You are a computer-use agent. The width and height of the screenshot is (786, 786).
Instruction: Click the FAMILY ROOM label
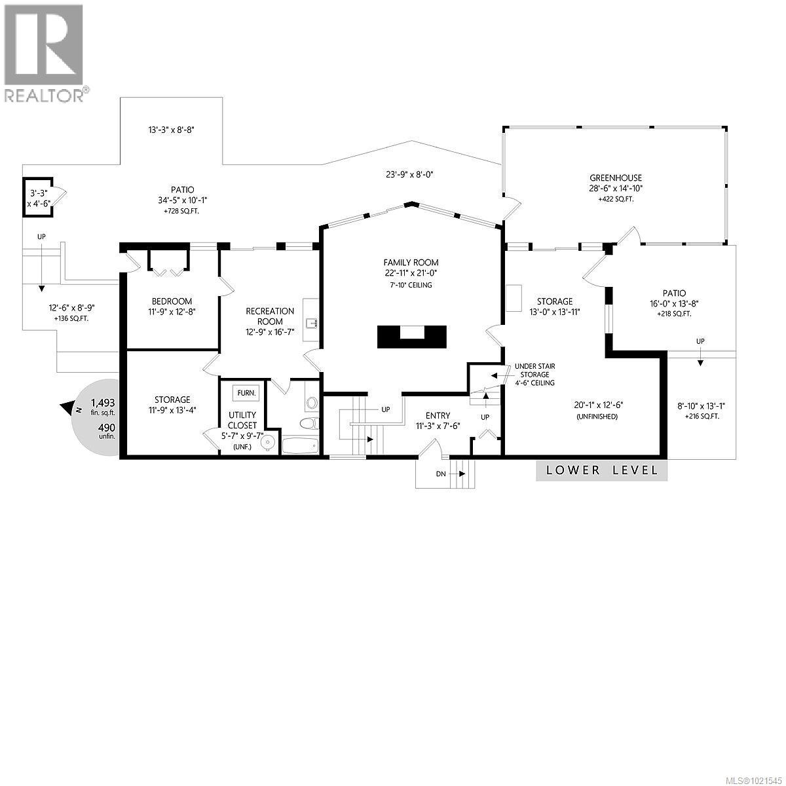click(x=411, y=263)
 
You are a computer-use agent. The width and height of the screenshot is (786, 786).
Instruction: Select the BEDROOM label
click(x=172, y=301)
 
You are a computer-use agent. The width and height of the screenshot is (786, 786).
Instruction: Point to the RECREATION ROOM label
click(x=270, y=316)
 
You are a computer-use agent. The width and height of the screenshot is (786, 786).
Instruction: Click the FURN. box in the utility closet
click(x=246, y=393)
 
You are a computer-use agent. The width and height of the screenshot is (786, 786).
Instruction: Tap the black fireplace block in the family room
click(x=411, y=337)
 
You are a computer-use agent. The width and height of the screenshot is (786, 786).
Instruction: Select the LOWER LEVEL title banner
click(x=602, y=470)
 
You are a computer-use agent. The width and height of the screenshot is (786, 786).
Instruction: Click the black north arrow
click(x=66, y=407)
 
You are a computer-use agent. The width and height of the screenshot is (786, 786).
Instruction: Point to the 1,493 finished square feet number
click(x=103, y=403)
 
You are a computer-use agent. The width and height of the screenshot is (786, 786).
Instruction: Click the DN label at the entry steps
click(x=441, y=474)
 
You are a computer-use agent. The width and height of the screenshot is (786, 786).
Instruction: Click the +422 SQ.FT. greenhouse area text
click(x=616, y=200)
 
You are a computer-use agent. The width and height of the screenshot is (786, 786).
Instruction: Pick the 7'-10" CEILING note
click(x=411, y=285)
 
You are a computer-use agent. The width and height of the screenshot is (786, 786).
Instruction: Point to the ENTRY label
click(x=438, y=416)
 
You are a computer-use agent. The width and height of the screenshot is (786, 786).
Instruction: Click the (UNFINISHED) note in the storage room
click(x=597, y=417)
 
